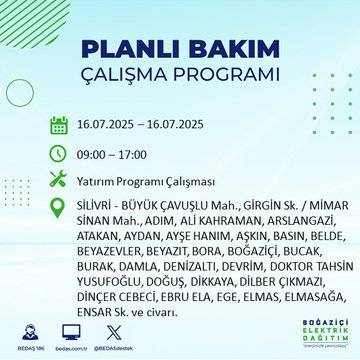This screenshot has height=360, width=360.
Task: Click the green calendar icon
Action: [x=58, y=127]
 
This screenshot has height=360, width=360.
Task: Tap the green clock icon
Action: [x=58, y=154]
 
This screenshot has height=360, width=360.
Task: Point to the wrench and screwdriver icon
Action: [x=58, y=180]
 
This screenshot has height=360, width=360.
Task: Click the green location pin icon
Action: [x=58, y=207]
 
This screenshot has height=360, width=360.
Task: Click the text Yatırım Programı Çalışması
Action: [x=147, y=180]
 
